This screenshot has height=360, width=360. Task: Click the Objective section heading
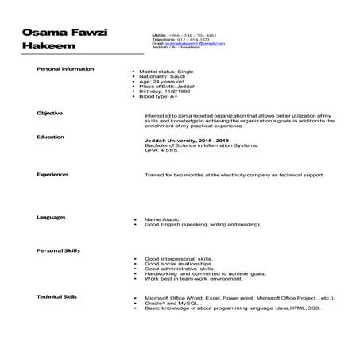click(50, 114)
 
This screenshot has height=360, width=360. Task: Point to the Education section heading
click(51, 137)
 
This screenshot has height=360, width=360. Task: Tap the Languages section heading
click(52, 217)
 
